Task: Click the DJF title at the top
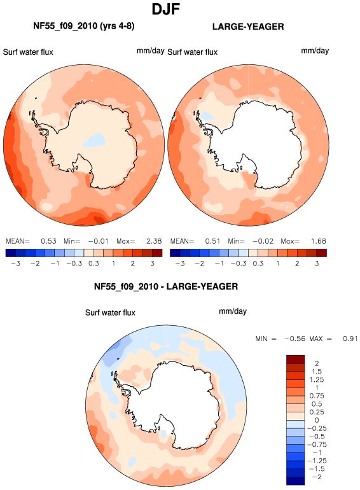click(x=166, y=10)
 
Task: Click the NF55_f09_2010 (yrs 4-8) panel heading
click(x=84, y=25)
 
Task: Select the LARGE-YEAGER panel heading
click(x=248, y=27)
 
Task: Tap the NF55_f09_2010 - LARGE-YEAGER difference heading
click(x=166, y=286)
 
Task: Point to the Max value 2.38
click(x=154, y=241)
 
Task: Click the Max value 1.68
click(x=318, y=241)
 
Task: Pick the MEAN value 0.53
click(x=48, y=241)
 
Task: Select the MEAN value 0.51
click(x=212, y=241)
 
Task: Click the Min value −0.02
click(x=263, y=241)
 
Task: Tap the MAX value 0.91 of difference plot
click(x=350, y=339)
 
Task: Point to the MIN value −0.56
click(x=294, y=339)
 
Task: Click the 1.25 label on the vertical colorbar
click(x=317, y=380)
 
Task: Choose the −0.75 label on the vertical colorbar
click(x=317, y=444)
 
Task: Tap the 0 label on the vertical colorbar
click(x=317, y=420)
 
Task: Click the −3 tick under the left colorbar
click(x=15, y=263)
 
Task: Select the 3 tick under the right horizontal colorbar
click(x=317, y=263)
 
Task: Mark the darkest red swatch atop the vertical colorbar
click(x=295, y=359)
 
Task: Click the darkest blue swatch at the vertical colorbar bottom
click(x=295, y=481)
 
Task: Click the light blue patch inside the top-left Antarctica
click(x=93, y=140)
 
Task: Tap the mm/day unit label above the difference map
click(x=233, y=311)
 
